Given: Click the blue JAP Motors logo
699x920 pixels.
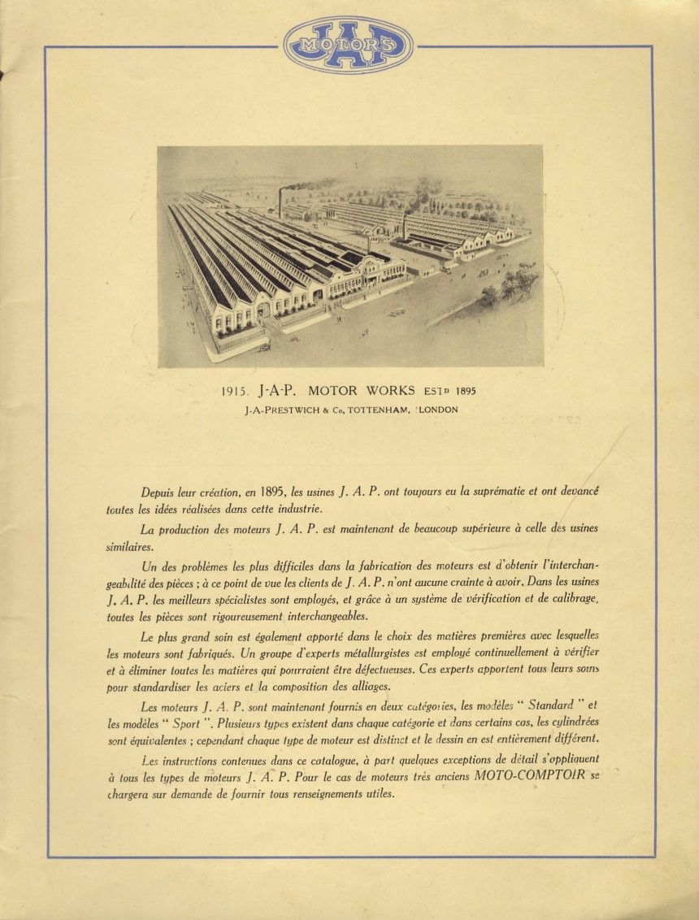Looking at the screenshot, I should click(349, 45).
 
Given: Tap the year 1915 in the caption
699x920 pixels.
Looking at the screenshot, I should click(235, 391).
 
